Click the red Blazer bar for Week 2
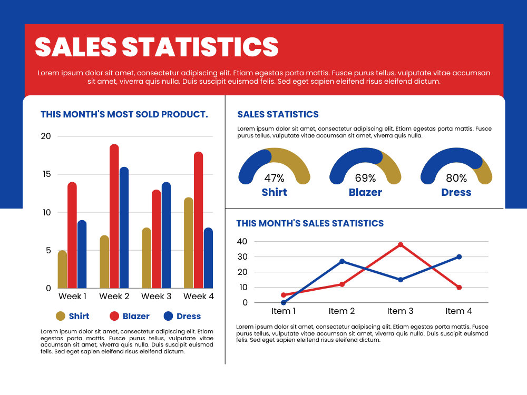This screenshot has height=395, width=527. [114, 216]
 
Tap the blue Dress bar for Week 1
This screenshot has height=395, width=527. [82, 254]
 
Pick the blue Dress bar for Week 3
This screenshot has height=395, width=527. [166, 235]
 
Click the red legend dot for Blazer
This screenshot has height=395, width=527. [114, 316]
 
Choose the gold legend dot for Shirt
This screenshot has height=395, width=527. [61, 316]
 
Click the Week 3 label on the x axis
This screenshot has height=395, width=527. [157, 296]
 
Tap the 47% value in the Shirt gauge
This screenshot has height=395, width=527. [274, 177]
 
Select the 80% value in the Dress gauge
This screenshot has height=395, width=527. [456, 177]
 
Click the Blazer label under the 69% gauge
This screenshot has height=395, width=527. [365, 192]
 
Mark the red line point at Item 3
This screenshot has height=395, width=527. [401, 245]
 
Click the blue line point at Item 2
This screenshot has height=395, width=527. [342, 261]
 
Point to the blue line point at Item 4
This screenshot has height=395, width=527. [459, 257]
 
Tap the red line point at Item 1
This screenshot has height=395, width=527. [284, 295]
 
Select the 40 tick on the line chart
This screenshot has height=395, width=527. [242, 241]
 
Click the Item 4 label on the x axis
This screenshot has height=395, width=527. [459, 311]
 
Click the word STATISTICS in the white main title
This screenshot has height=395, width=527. [200, 47]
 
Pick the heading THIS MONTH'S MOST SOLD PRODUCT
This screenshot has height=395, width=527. [124, 114]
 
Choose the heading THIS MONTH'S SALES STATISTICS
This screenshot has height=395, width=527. [310, 223]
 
